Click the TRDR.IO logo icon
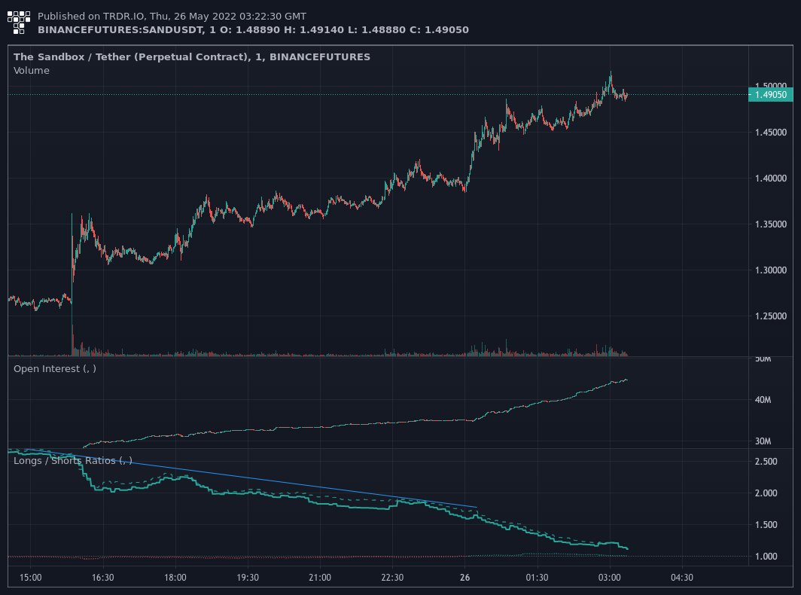click(x=18, y=23)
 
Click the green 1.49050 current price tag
click(x=770, y=95)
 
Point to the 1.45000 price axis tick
click(x=770, y=133)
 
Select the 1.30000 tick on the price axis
click(x=770, y=270)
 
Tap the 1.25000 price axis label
click(x=770, y=316)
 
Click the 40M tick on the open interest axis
click(x=763, y=400)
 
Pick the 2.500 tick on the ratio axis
click(x=766, y=461)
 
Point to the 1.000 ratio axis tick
click(x=766, y=556)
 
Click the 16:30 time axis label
click(x=102, y=578)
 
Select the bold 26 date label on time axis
click(x=464, y=578)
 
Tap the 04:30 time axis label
click(x=682, y=578)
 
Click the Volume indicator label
click(x=31, y=71)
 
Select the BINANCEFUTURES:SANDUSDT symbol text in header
click(x=120, y=29)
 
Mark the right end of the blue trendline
click(x=477, y=507)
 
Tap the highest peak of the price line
click(x=611, y=72)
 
